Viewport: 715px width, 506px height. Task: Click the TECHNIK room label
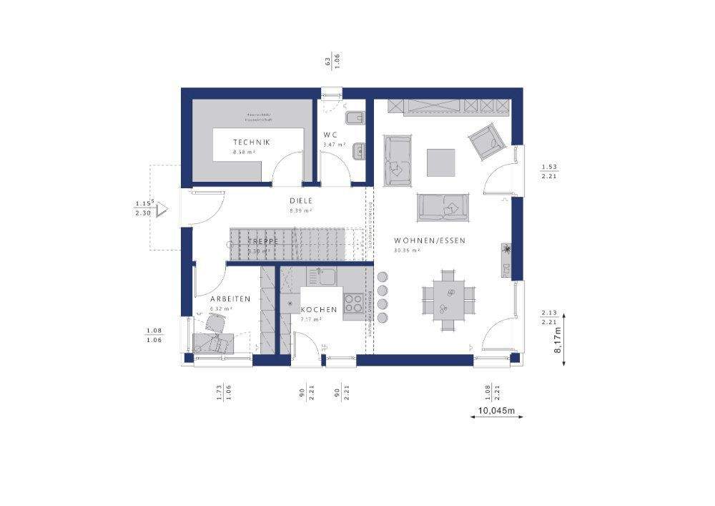(252, 142)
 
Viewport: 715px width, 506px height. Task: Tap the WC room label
(330, 135)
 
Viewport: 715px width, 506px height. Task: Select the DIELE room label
(301, 201)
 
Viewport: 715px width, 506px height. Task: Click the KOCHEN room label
(318, 309)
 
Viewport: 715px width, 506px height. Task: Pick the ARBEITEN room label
(230, 298)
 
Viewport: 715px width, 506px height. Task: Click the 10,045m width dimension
(497, 412)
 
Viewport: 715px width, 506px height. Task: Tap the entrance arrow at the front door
(162, 209)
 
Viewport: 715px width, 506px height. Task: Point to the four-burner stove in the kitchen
(353, 303)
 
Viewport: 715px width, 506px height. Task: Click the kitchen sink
(322, 276)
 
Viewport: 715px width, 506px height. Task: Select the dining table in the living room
(448, 300)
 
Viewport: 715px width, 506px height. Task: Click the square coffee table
(440, 162)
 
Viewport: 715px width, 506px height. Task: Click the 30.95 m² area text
(406, 251)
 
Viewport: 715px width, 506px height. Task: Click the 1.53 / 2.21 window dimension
(549, 172)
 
